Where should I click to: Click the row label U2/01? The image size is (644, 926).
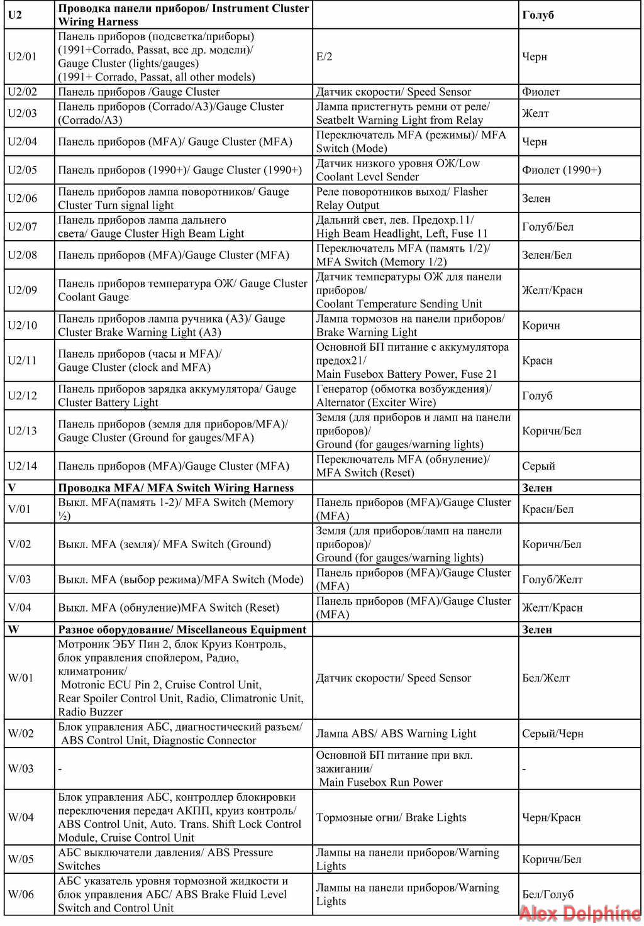pos(22,57)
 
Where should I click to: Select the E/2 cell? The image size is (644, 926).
pos(325,57)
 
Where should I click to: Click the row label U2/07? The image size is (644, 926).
pos(22,226)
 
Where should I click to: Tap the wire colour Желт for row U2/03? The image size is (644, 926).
pos(535,113)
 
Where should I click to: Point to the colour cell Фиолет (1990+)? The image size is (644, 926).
pos(561,170)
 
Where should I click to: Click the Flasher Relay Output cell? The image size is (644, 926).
pos(402,198)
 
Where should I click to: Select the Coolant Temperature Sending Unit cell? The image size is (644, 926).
pos(409,290)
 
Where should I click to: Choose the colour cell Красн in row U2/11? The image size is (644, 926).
pos(537,360)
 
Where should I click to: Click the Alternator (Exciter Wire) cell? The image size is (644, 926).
pos(404,395)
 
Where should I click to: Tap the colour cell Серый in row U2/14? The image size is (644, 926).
pos(538,466)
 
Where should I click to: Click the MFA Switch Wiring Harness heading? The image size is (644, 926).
pos(176,488)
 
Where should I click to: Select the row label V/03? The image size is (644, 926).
pos(19,579)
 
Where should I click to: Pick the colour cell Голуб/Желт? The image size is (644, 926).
pos(552,579)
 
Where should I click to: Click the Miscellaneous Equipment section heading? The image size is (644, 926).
pos(182,629)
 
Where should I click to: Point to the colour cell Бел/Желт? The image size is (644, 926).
pos(546,678)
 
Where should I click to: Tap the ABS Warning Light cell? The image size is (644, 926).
pos(396,733)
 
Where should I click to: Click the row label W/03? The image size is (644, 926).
pos(21,768)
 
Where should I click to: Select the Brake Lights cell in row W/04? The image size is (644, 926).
pos(391,817)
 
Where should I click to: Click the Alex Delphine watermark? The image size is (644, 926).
pos(580,913)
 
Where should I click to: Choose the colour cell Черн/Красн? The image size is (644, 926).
pos(551,817)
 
